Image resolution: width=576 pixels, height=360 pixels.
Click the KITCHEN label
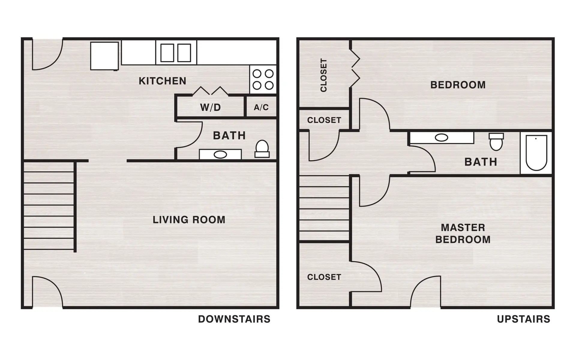[162, 81]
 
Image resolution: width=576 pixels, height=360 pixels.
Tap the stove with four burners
[263, 79]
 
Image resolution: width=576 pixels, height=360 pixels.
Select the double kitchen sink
[176, 53]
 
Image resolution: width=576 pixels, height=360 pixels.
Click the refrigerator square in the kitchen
[104, 56]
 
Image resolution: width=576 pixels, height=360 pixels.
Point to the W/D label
[210, 107]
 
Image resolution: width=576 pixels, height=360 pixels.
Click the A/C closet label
[261, 107]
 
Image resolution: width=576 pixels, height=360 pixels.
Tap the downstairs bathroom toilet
[262, 149]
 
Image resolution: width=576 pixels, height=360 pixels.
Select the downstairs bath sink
[220, 154]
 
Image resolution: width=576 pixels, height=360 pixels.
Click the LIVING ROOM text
[189, 220]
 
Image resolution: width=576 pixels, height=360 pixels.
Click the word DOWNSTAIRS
[234, 319]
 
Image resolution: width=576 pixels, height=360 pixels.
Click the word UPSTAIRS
[523, 319]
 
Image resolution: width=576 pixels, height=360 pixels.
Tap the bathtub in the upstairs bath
[536, 153]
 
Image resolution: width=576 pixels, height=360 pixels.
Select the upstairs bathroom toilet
[496, 142]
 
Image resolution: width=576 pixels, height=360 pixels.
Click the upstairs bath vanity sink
[441, 138]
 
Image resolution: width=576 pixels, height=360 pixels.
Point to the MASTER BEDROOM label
[463, 233]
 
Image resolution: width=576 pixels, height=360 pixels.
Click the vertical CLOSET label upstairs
[323, 75]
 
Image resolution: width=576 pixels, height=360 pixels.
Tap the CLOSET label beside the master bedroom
[324, 277]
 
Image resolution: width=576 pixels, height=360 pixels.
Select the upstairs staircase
[324, 208]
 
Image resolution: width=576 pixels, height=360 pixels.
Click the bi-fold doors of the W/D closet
[210, 91]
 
